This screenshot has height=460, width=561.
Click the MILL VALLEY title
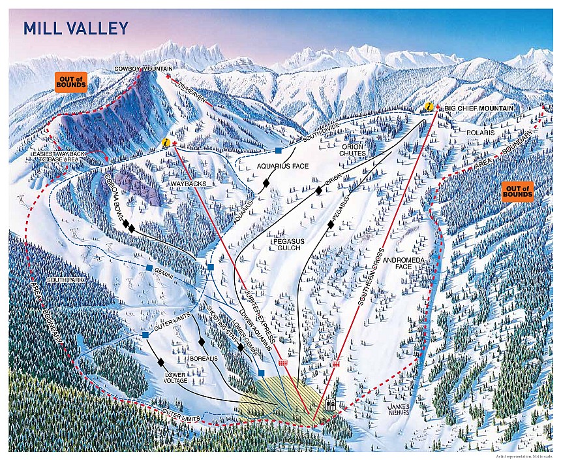[76, 28]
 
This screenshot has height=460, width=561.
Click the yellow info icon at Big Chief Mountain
[427, 107]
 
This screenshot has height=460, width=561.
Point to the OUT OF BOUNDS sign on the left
[71, 82]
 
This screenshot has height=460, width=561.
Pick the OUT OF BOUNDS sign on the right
[517, 191]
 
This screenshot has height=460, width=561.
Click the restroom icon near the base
[330, 405]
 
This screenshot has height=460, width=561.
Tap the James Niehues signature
[399, 408]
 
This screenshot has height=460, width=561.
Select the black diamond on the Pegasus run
[331, 225]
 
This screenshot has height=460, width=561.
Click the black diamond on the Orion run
[318, 190]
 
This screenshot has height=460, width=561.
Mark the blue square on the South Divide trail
[278, 150]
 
